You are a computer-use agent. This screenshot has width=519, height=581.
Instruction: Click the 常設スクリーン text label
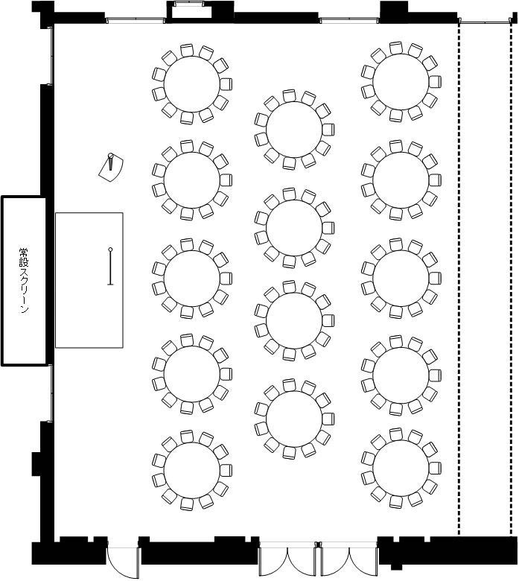point(24,281)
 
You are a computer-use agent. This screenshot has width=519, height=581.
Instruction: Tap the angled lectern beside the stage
point(111,168)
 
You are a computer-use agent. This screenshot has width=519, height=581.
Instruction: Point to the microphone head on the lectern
point(110,155)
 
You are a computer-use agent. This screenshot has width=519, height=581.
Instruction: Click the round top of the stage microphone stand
point(110,250)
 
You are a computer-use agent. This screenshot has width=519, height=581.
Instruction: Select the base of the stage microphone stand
point(110,285)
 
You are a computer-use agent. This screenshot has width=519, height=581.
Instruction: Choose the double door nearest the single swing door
point(287,559)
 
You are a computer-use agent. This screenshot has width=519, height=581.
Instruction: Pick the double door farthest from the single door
point(348,559)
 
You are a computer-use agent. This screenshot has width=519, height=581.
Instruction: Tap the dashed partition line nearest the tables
point(459,281)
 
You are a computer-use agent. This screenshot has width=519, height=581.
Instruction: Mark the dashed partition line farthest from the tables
point(512,281)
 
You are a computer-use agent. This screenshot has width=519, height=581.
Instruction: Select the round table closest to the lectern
point(192,180)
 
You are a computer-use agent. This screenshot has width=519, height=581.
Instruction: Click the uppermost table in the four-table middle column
point(294,130)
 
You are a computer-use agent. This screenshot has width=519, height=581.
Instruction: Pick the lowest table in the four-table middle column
point(294,419)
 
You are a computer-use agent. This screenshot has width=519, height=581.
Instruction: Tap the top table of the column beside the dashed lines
point(401,82)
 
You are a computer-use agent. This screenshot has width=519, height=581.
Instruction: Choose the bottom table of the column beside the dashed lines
point(401,469)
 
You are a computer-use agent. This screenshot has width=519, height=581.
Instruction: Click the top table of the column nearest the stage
point(192,84)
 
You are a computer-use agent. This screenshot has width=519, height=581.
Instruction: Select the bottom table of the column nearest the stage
point(192,471)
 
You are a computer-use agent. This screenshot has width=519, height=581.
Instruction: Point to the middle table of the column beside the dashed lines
point(401,279)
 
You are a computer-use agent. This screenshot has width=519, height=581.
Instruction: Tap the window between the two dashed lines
point(485,22)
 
